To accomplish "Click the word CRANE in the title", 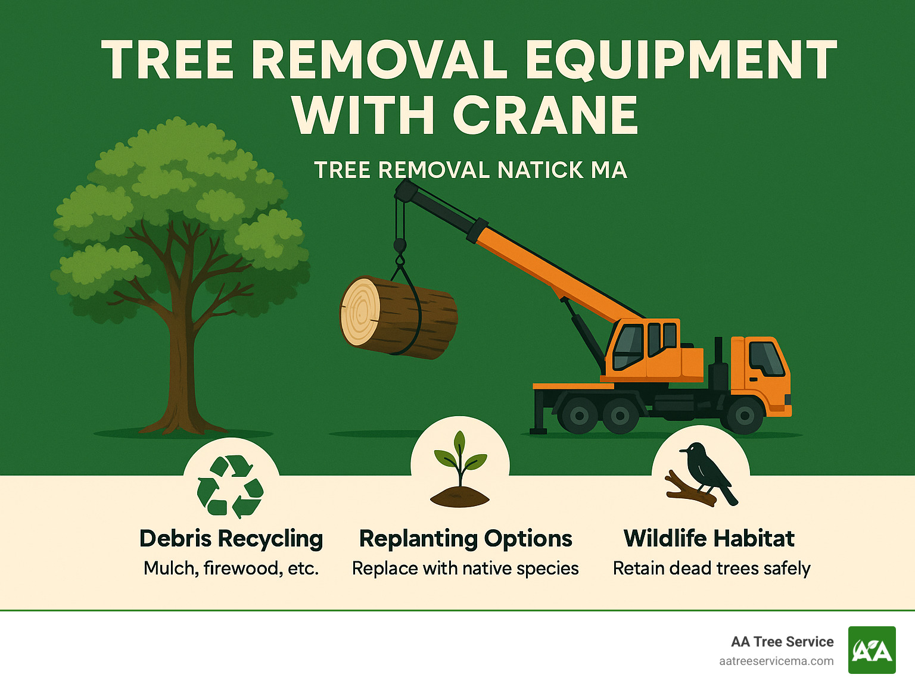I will point(545,115).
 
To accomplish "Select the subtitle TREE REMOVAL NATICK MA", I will point(470,170).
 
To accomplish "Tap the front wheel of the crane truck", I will point(744,415).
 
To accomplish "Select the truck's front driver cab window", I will point(766,358).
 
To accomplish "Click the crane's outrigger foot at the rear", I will point(539,429).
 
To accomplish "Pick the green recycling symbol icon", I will point(230,486).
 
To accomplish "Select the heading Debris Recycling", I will point(231,538).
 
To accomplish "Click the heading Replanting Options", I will point(465,538).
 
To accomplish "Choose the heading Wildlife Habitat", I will point(709,538).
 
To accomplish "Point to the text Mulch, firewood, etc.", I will point(231,569).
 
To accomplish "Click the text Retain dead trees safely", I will point(711,569).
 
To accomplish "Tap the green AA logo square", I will point(872,650).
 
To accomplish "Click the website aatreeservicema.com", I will point(776,661).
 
